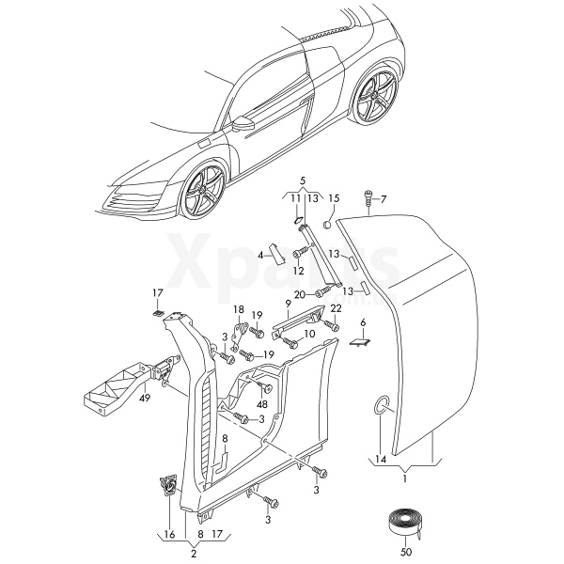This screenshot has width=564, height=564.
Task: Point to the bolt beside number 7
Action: (x=368, y=199)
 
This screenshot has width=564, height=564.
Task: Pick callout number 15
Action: (x=332, y=198)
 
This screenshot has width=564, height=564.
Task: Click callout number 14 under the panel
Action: (x=381, y=460)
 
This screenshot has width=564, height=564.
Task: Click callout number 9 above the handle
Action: (x=290, y=303)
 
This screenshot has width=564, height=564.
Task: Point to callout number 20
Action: (x=298, y=294)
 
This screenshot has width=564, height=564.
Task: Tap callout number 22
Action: (x=336, y=309)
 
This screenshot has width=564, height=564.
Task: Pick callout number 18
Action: (x=238, y=309)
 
